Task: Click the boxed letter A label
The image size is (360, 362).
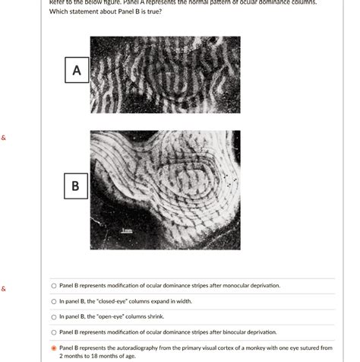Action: pyautogui.click(x=76, y=71)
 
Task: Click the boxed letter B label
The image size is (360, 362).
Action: pyautogui.click(x=75, y=185)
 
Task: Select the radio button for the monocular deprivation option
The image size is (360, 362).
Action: pyautogui.click(x=54, y=286)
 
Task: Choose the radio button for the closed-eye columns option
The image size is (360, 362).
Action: pyautogui.click(x=54, y=302)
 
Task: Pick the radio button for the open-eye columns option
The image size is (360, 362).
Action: pyautogui.click(x=54, y=317)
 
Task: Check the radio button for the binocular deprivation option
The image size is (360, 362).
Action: pyautogui.click(x=54, y=332)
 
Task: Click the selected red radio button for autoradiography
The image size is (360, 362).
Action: pyautogui.click(x=54, y=348)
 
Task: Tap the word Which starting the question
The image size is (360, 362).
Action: pyautogui.click(x=58, y=11)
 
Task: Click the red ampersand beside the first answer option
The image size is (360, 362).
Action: pyautogui.click(x=4, y=289)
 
